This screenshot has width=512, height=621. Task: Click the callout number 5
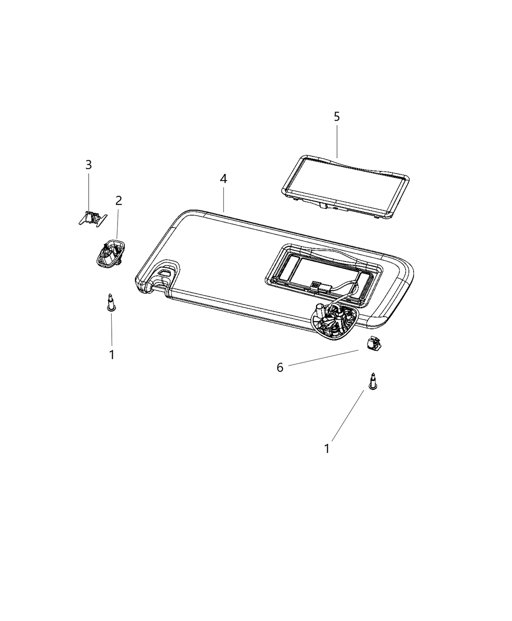[336, 116]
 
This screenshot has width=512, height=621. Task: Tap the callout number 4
[223, 179]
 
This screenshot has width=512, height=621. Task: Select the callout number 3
[88, 165]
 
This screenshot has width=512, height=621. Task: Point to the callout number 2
[118, 200]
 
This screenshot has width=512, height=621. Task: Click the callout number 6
[280, 367]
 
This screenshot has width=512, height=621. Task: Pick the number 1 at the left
[112, 355]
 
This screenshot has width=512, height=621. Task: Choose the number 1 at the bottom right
[327, 449]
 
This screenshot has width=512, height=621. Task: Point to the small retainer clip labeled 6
[373, 345]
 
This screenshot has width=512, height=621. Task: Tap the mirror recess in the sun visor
[322, 273]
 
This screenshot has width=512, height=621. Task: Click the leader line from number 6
[322, 358]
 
